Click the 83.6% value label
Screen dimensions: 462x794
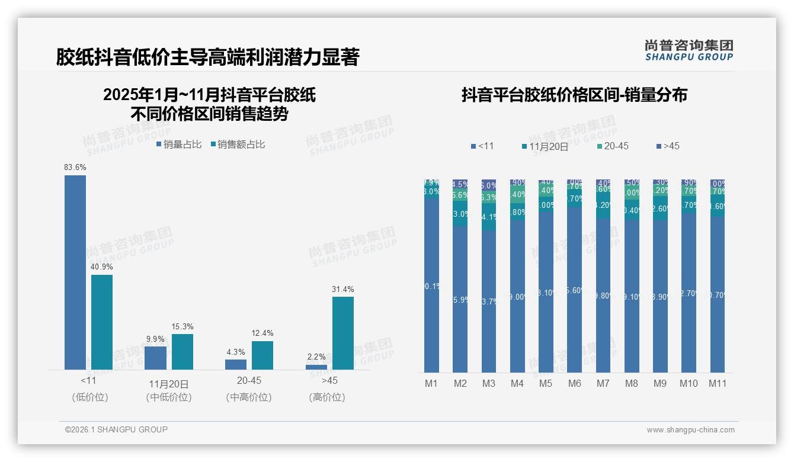point(75,168)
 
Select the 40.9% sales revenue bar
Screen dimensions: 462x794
point(102,322)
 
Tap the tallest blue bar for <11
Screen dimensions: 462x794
point(75,272)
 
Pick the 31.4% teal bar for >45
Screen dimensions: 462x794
point(343,333)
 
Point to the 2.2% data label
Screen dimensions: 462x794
point(316,357)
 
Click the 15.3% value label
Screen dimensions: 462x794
point(183,327)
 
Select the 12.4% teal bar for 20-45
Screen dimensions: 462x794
point(262,355)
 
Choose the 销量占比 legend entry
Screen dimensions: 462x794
point(179,145)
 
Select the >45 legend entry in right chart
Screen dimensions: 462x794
point(668,146)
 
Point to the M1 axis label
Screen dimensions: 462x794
point(431,383)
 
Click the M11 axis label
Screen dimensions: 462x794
point(718,383)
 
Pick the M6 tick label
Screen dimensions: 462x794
point(574,383)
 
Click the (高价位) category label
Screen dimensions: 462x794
point(327,397)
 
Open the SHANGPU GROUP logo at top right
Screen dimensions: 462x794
point(689,50)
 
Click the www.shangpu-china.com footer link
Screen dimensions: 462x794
point(690,430)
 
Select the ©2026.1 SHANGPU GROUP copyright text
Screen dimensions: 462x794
point(116,429)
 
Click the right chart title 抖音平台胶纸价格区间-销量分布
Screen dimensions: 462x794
point(574,95)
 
